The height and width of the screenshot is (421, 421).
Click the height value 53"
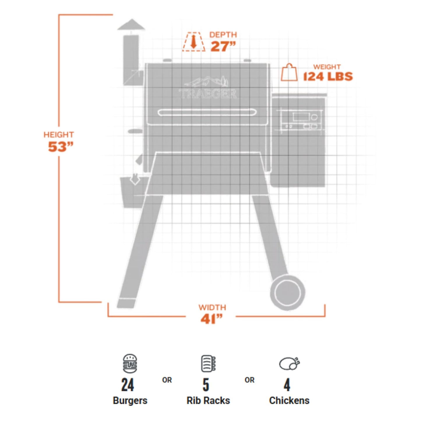(x=59, y=147)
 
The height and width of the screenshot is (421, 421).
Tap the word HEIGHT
(x=59, y=135)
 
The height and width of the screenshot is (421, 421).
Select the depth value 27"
(x=223, y=46)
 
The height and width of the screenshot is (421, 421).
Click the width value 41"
(x=211, y=319)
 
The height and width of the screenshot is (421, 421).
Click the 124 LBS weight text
(x=328, y=76)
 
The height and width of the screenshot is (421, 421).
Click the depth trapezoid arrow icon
(x=193, y=42)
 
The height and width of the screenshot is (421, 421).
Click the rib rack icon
(x=208, y=363)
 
